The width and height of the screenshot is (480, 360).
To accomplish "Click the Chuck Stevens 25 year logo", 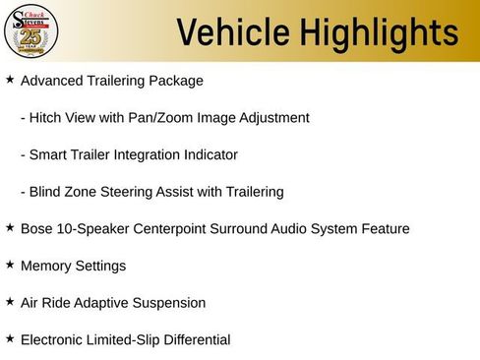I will coord(30,31).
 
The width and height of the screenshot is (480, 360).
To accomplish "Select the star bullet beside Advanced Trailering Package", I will coord(10,79).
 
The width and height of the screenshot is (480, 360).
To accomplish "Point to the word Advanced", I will coord(49,81).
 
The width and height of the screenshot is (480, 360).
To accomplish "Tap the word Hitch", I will coord(47,118).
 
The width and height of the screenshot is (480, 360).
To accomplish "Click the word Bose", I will coord(37,229).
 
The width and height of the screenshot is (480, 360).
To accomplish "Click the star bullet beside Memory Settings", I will coord(10,265).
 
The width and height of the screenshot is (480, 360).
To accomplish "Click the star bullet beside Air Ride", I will coord(10,302).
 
